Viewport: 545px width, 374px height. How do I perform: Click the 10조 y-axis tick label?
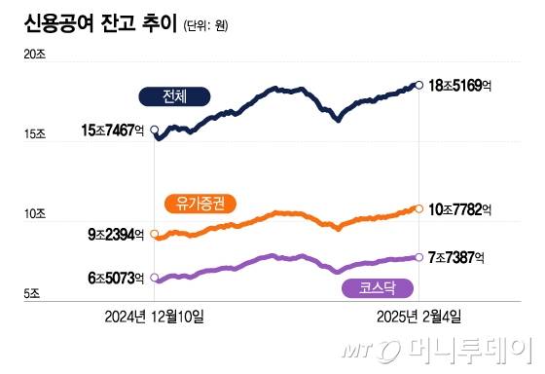pos(35,213)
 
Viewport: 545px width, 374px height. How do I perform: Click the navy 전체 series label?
pos(175,95)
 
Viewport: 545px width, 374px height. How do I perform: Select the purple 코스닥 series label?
pos(377,288)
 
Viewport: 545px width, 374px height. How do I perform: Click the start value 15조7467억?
pos(115,129)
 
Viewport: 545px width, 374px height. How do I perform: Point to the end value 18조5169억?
pos(459,86)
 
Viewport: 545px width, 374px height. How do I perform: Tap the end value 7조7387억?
pos(457,257)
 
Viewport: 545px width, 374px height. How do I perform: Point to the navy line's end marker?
pos(418,86)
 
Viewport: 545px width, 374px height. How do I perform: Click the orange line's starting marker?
pos(155,234)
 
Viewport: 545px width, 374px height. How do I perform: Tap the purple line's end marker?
pos(418,257)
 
